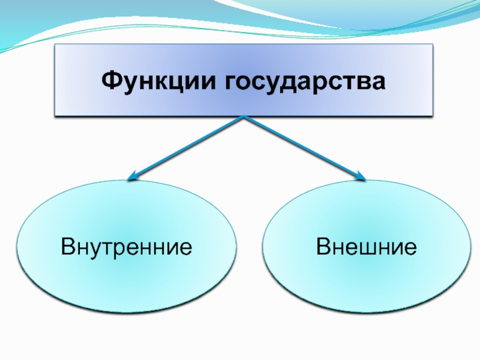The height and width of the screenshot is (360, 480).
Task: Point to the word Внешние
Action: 367,246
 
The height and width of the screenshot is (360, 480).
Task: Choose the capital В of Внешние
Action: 323,246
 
